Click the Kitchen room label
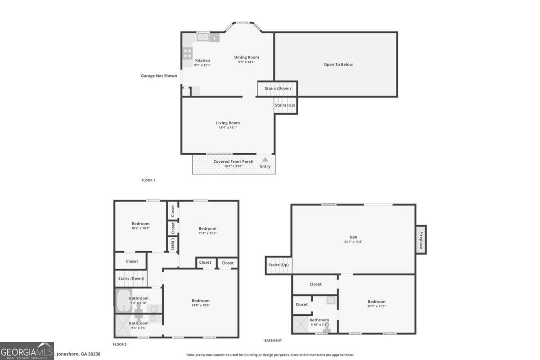[202, 61]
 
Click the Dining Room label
[247, 57]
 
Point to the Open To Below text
[338, 64]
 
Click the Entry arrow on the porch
[265, 160]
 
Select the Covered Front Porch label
[233, 162]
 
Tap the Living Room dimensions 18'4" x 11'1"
[228, 128]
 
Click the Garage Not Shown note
[159, 76]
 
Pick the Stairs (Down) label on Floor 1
[278, 88]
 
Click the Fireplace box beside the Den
[421, 239]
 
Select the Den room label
[353, 237]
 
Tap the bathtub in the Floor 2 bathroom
[123, 301]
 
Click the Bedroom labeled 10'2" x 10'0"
[140, 224]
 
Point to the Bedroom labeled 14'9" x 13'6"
[200, 301]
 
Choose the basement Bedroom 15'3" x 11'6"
[376, 301]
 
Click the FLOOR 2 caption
[120, 344]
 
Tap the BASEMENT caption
[273, 341]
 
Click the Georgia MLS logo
[27, 351]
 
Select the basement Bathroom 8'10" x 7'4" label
[319, 320]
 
